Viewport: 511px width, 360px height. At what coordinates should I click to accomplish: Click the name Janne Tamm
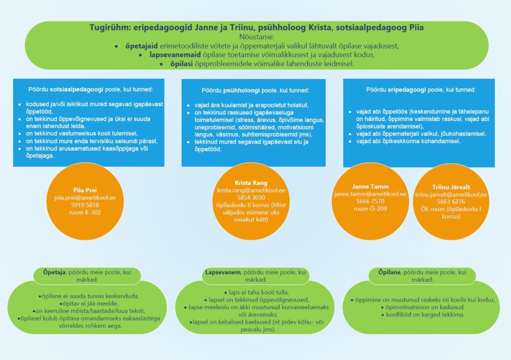click(370, 186)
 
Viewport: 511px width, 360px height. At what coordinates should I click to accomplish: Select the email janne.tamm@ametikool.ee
click(370, 194)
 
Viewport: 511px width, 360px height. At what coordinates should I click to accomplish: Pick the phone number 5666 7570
click(370, 201)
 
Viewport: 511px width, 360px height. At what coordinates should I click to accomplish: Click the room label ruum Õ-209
click(370, 208)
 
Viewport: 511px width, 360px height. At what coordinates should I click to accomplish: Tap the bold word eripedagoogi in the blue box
click(410, 90)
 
